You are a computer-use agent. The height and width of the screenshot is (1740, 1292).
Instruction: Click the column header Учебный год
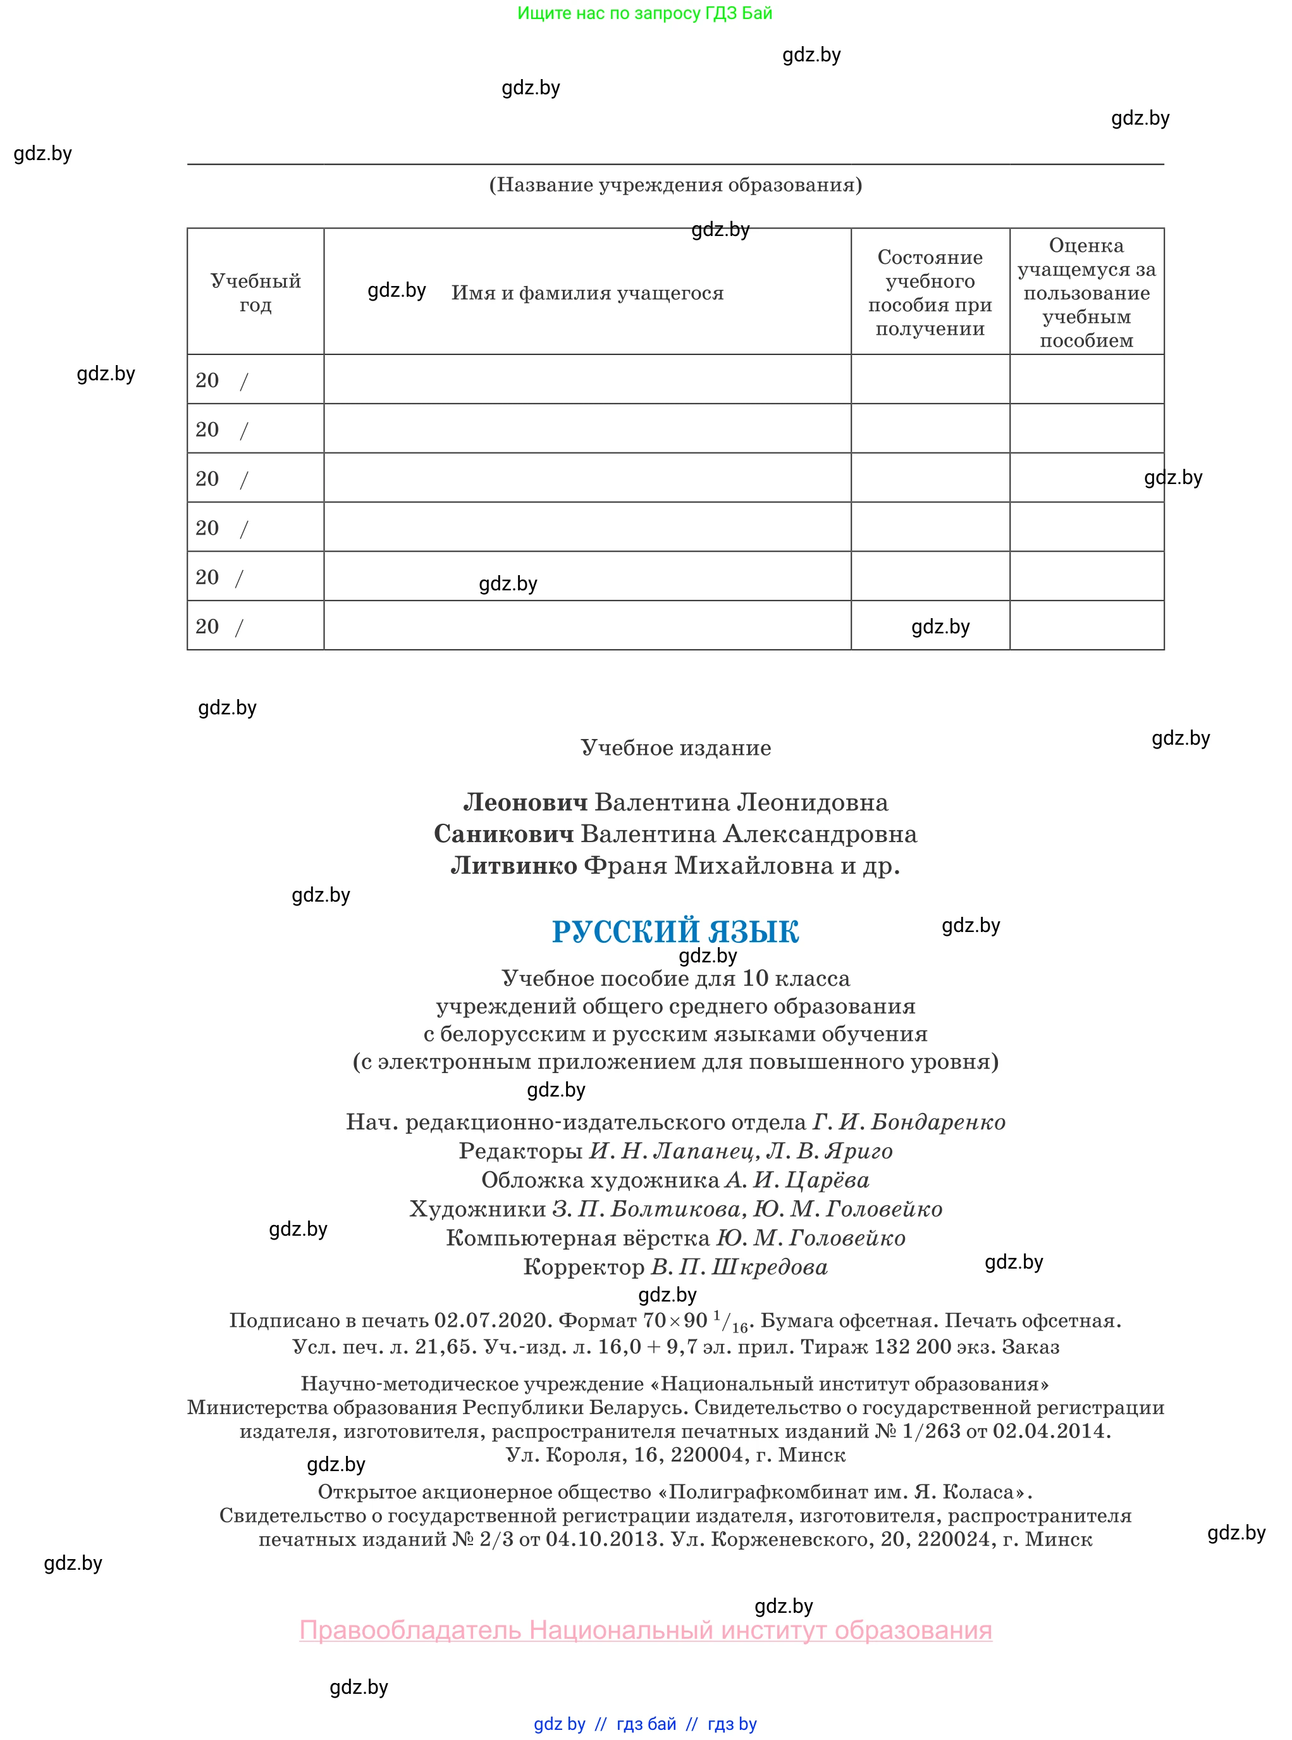[255, 292]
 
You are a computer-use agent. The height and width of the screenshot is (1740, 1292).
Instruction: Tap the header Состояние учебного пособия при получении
[930, 292]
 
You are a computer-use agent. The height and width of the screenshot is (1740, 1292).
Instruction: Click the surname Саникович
[503, 834]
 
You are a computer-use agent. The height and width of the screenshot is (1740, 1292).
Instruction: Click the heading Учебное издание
[675, 747]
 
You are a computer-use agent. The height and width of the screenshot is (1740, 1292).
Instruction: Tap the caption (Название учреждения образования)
[675, 185]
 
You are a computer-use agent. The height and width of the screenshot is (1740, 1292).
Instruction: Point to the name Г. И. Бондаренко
[909, 1122]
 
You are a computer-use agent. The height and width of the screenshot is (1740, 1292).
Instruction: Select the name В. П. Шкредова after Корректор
[739, 1267]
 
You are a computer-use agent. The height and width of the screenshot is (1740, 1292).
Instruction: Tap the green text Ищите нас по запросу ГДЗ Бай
[644, 13]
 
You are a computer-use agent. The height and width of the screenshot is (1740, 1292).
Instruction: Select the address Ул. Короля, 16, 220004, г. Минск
[675, 1455]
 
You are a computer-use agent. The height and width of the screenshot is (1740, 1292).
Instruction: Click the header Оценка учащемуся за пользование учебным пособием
[1086, 292]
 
